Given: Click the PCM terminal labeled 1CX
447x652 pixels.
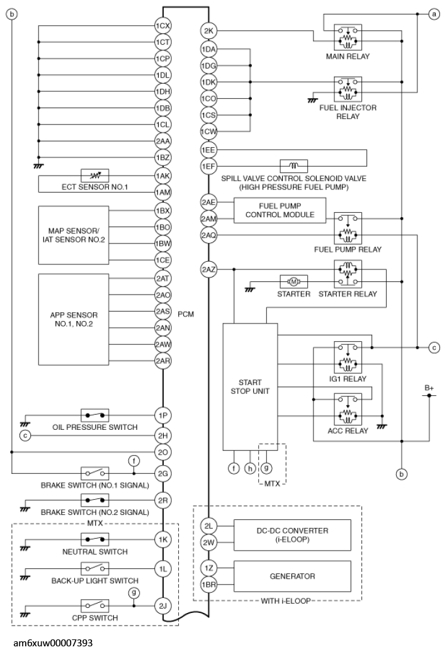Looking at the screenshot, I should tap(163, 27).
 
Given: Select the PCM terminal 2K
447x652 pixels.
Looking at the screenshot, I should tap(208, 31).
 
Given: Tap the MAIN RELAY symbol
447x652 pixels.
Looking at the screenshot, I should tap(348, 37).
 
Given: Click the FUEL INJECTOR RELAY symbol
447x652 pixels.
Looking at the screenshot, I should tap(348, 89).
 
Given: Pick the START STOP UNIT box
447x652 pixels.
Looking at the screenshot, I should tap(251, 386).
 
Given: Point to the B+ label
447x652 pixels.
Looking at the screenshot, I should tap(429, 388).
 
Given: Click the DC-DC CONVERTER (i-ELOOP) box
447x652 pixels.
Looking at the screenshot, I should tap(291, 534).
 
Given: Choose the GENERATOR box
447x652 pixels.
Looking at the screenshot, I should tap(291, 575).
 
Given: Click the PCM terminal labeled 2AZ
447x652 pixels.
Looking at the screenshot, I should tap(208, 270).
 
